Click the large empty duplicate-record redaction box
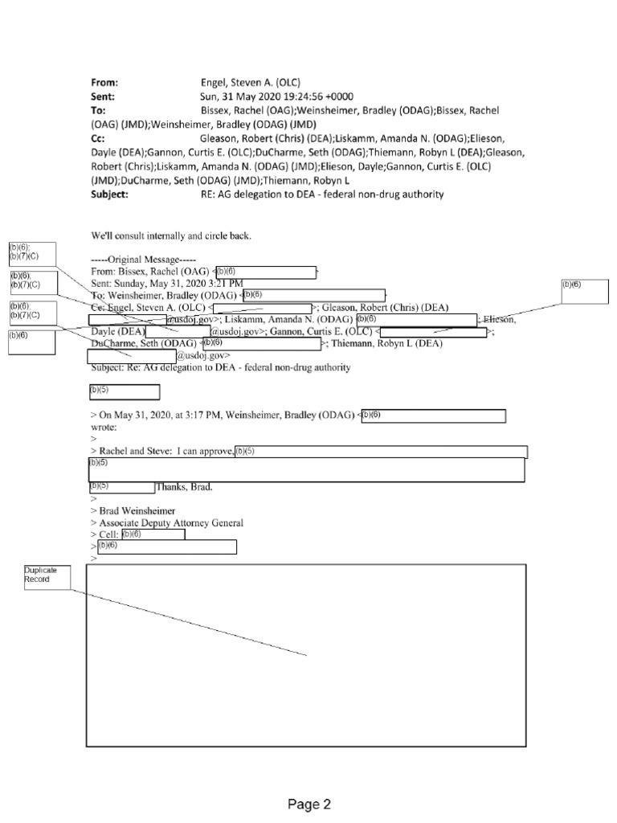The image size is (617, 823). (x=305, y=655)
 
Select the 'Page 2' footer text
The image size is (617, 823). (x=310, y=804)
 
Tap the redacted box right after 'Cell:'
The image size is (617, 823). (x=153, y=534)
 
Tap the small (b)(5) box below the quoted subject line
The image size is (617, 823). (x=123, y=392)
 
